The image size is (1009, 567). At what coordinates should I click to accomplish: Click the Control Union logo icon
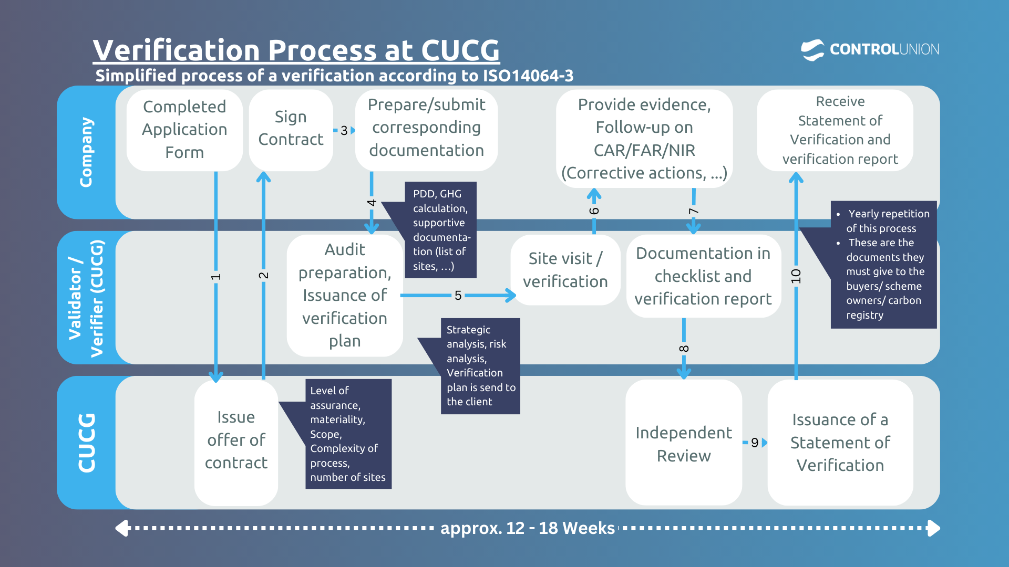[812, 50]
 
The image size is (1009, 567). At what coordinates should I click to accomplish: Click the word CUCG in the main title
[460, 50]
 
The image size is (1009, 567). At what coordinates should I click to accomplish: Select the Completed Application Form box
[184, 130]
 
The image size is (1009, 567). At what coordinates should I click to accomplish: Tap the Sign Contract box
[291, 129]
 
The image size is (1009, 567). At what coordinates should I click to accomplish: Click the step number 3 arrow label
[344, 130]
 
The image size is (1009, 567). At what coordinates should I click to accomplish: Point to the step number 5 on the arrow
[458, 296]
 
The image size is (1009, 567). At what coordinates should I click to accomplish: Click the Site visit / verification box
[565, 270]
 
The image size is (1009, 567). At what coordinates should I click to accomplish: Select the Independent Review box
[683, 444]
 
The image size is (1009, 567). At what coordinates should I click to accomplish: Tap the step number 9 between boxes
[755, 443]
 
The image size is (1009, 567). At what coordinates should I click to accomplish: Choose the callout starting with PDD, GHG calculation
[440, 230]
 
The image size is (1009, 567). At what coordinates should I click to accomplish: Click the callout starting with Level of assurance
[348, 434]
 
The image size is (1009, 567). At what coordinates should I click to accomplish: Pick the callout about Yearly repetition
[883, 264]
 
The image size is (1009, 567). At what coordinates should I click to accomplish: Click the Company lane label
[86, 152]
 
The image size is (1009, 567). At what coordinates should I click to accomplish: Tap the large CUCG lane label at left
[87, 443]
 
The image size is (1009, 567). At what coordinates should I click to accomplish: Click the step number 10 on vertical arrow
[796, 276]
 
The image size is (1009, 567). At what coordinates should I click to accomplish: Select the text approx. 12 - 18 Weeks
[527, 528]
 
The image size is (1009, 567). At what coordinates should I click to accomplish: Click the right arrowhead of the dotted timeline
[934, 528]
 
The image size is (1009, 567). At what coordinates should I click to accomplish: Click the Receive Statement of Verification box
[840, 130]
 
